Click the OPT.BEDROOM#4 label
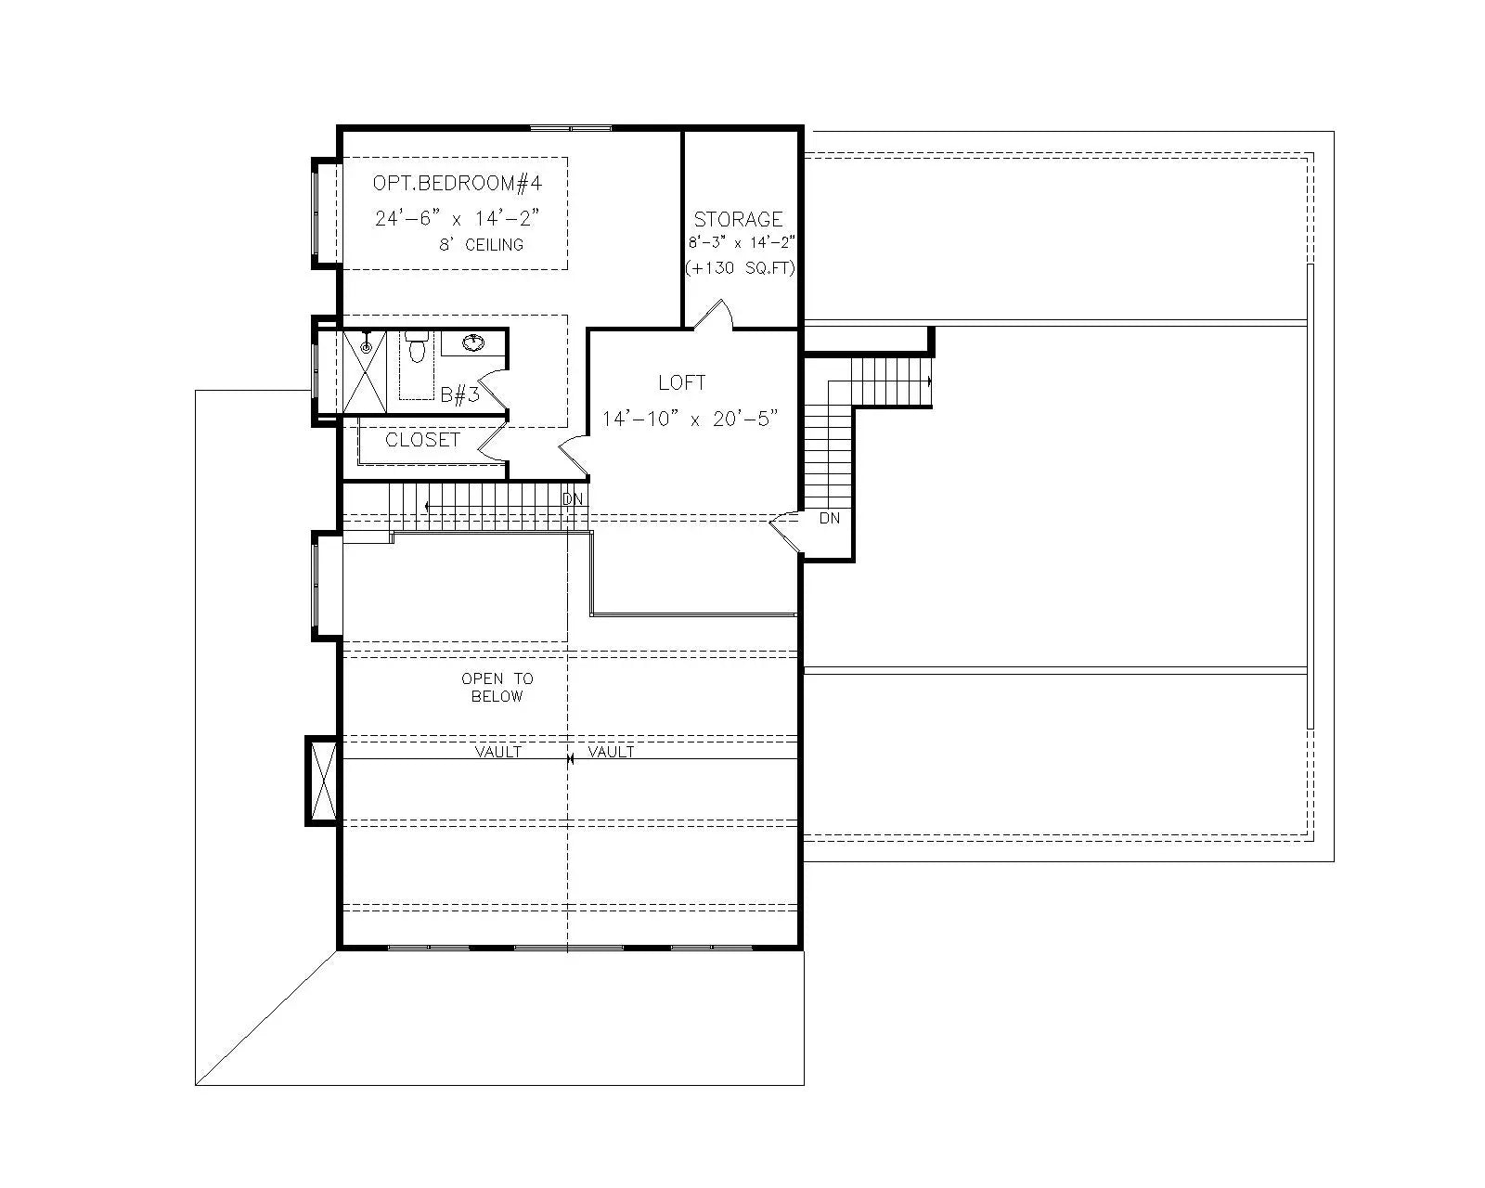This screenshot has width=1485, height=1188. point(457,183)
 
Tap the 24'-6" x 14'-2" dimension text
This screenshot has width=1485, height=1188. point(457,219)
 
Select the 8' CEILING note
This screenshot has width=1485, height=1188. point(481,245)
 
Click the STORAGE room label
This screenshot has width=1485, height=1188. point(739,220)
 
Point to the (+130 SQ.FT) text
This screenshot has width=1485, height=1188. point(740,268)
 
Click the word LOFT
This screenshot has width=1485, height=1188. point(681,382)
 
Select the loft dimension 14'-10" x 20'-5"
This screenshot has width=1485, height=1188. point(689,419)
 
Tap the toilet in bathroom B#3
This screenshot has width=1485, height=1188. point(417,348)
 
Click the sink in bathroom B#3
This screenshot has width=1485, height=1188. point(473,344)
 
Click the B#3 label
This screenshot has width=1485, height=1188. point(459,395)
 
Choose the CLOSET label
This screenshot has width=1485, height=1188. point(422,440)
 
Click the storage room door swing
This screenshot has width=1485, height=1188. point(715,316)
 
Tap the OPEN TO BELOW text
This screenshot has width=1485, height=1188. point(497,688)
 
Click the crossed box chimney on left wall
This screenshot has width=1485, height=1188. point(323,781)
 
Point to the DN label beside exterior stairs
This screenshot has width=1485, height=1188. point(830,518)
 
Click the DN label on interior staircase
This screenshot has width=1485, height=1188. point(573,499)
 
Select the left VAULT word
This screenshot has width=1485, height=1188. point(498,752)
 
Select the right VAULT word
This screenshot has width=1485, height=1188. point(612,752)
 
